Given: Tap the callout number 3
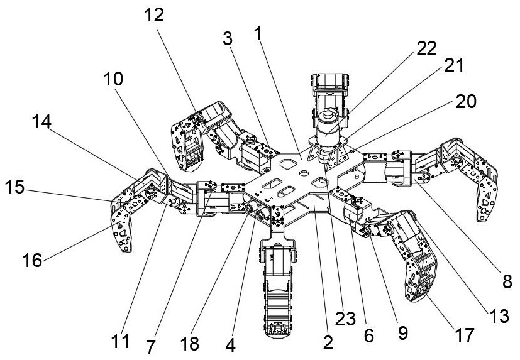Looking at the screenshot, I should coord(227,38).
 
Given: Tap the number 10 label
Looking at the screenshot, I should coord(114,79).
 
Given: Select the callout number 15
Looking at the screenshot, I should coord(16,187).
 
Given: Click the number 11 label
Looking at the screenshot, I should coord(121,341).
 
